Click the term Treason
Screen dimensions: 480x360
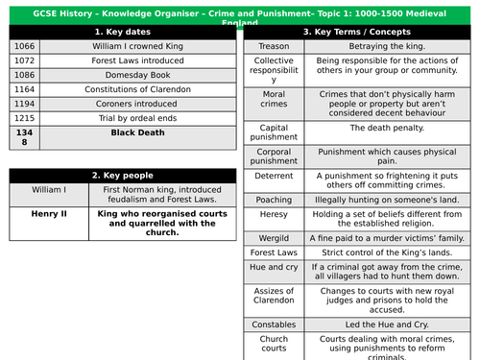pyautogui.click(x=274, y=44)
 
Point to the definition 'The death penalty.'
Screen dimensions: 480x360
pyautogui.click(x=391, y=128)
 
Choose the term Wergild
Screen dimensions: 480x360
pyautogui.click(x=274, y=237)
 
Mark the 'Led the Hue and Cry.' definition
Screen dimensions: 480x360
pyautogui.click(x=391, y=324)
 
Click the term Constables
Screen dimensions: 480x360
pyautogui.click(x=274, y=324)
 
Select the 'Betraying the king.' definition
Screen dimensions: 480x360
pyautogui.click(x=391, y=44)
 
